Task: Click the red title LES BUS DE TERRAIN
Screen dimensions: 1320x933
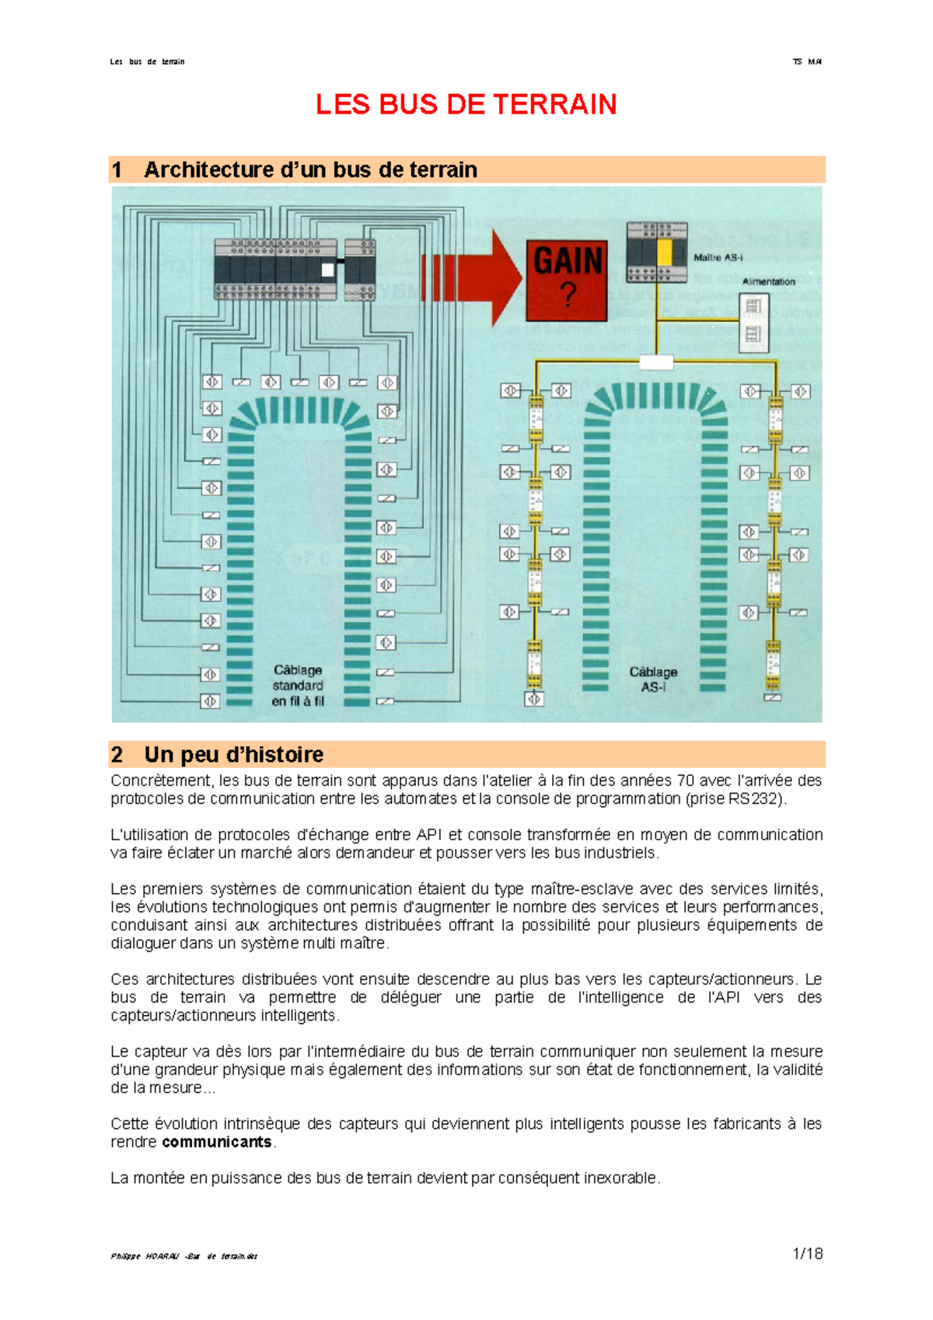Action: pyautogui.click(x=466, y=104)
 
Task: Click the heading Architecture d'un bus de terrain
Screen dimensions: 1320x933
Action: pyautogui.click(x=310, y=169)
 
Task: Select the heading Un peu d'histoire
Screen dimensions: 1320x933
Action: pyautogui.click(x=233, y=754)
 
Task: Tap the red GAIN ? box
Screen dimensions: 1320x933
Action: pyautogui.click(x=567, y=281)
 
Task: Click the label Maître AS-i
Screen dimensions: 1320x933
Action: pyautogui.click(x=718, y=257)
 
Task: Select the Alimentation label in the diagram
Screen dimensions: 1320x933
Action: pyautogui.click(x=768, y=281)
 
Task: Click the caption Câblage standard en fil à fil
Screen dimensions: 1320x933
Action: pyautogui.click(x=298, y=686)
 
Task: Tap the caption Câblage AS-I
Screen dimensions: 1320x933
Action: pyautogui.click(x=653, y=679)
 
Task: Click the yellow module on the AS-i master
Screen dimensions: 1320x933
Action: pyautogui.click(x=665, y=253)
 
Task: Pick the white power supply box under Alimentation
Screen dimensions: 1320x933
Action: pyautogui.click(x=753, y=323)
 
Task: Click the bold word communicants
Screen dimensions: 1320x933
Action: pyautogui.click(x=217, y=1142)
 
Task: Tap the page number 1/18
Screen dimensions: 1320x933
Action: pyautogui.click(x=808, y=1253)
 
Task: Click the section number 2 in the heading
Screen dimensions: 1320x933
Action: pyautogui.click(x=117, y=754)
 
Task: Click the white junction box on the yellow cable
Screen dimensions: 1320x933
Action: pyautogui.click(x=656, y=361)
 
